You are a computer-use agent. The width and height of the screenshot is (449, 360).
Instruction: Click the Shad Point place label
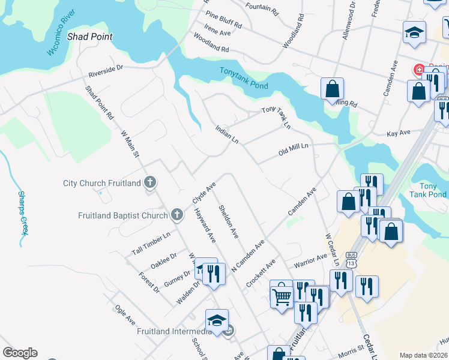[x=90, y=37]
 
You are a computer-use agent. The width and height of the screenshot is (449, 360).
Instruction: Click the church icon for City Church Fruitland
[x=150, y=182]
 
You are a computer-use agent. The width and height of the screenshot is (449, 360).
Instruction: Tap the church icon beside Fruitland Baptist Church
[x=176, y=214]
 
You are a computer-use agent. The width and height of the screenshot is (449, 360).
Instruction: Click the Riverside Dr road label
[x=105, y=71]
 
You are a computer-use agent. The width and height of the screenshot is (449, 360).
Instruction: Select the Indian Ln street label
[x=228, y=134]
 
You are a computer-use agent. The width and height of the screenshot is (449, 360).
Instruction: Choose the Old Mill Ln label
[x=293, y=149]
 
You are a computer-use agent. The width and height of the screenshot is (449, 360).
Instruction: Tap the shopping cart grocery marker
[x=281, y=295]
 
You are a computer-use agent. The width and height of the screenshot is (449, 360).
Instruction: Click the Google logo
[x=20, y=353]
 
